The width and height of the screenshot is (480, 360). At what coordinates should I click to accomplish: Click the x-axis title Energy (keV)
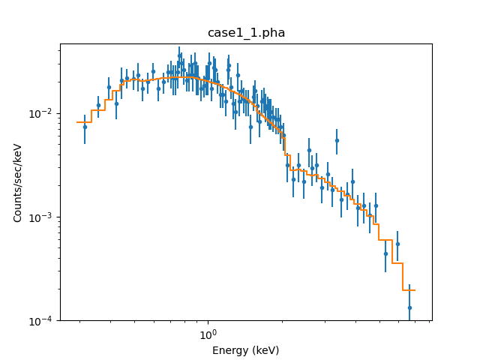coord(245,350)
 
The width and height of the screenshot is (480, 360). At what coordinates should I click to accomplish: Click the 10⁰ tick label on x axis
coord(208,334)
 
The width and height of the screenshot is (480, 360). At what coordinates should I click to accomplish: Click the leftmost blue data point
coord(85,127)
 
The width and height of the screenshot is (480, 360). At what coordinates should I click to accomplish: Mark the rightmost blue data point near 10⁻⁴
coord(409,307)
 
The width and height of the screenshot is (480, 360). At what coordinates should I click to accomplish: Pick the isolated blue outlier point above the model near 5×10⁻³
coord(337,140)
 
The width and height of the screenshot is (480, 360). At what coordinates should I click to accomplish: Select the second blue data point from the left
coord(98,105)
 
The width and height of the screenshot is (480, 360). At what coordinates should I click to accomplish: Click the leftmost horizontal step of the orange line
coord(84,122)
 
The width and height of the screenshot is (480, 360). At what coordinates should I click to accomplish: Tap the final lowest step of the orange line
coord(409,290)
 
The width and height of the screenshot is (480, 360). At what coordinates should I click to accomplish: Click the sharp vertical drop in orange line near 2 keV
coord(285,145)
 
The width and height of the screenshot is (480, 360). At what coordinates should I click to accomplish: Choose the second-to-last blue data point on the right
coord(397,244)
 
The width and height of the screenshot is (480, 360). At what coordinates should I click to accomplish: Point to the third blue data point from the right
coord(385,253)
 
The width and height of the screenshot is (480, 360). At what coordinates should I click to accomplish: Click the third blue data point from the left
coord(109,87)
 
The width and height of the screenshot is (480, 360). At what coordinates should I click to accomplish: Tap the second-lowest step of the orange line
coord(397,263)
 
